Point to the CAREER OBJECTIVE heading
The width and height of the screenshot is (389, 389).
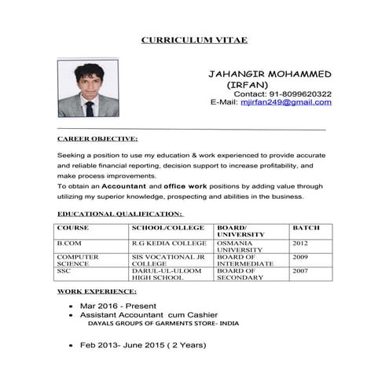click(x=98, y=138)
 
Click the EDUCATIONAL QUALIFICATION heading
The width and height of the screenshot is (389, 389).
click(x=120, y=213)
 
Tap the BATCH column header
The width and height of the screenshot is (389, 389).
click(x=306, y=227)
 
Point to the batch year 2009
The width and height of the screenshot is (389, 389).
click(x=300, y=257)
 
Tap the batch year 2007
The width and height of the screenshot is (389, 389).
click(x=300, y=270)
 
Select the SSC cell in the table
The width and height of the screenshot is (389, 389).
click(x=64, y=270)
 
